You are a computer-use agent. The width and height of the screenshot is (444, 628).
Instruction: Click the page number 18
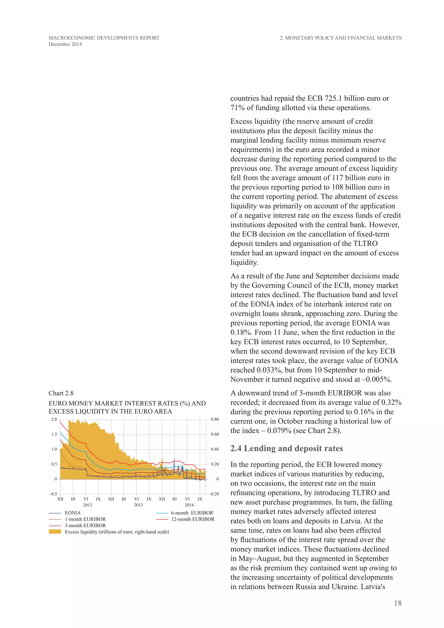click(x=398, y=603)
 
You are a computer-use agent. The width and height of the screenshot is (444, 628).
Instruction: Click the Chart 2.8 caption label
click(x=61, y=393)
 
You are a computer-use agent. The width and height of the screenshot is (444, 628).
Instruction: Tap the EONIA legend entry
click(x=72, y=513)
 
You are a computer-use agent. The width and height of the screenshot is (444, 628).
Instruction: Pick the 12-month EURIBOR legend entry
click(x=193, y=519)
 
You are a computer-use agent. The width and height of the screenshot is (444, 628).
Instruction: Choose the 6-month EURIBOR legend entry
click(x=192, y=513)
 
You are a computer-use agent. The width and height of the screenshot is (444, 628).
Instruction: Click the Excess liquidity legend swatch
click(x=55, y=532)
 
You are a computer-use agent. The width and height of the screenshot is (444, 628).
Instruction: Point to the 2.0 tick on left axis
click(x=54, y=419)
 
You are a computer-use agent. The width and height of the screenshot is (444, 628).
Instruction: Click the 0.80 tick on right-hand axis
click(x=215, y=419)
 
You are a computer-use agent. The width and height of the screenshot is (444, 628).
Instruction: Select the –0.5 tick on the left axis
click(x=53, y=494)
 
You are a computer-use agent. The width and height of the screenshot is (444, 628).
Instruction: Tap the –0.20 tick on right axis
click(x=214, y=494)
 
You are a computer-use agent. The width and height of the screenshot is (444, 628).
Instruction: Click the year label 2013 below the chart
click(x=138, y=505)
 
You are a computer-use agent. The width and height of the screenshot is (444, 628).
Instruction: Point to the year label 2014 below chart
click(x=189, y=505)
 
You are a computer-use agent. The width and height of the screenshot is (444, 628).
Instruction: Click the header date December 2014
click(x=65, y=44)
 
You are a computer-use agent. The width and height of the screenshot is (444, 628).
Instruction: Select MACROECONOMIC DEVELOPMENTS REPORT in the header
click(x=104, y=38)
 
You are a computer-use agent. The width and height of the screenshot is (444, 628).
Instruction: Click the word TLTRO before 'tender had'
click(x=366, y=244)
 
